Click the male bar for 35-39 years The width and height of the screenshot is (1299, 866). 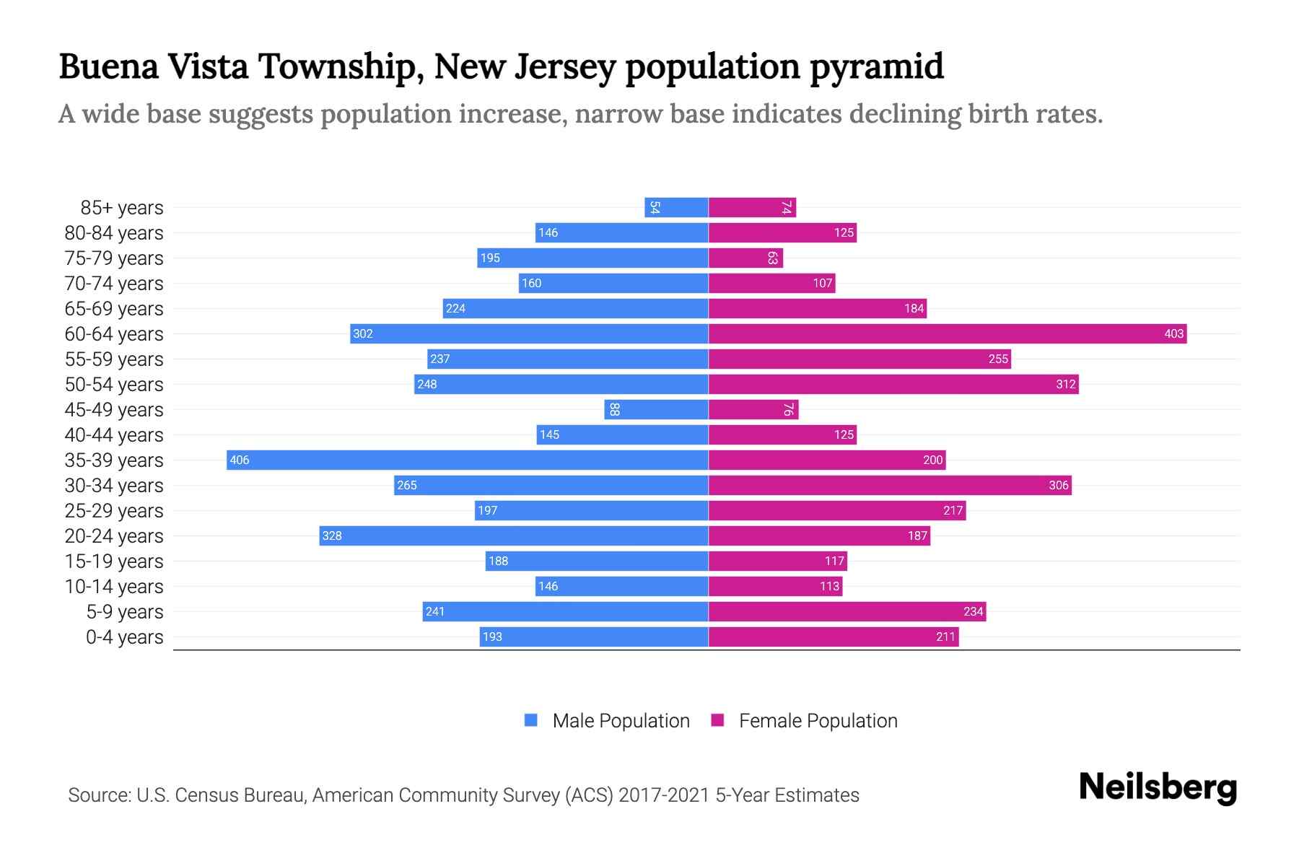click(467, 460)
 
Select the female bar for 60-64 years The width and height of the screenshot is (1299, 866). click(947, 333)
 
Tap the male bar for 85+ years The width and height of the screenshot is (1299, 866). click(676, 207)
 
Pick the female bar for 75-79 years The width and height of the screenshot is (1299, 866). click(745, 258)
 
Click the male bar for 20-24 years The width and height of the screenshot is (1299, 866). click(513, 535)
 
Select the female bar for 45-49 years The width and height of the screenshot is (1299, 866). click(753, 409)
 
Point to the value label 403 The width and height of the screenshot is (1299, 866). click(1173, 333)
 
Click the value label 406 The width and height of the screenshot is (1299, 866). click(240, 460)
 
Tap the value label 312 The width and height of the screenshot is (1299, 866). click(1065, 384)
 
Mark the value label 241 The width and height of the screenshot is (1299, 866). click(435, 611)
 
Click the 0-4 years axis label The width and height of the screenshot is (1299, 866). click(124, 637)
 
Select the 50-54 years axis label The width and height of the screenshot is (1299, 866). click(114, 385)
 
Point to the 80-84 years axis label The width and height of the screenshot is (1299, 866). click(114, 233)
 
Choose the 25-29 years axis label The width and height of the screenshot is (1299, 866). click(114, 511)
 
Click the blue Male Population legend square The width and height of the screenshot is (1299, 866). click(531, 720)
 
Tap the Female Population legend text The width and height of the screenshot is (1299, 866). click(818, 720)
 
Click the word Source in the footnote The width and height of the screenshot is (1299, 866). click(99, 795)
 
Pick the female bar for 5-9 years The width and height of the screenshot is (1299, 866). click(847, 611)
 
